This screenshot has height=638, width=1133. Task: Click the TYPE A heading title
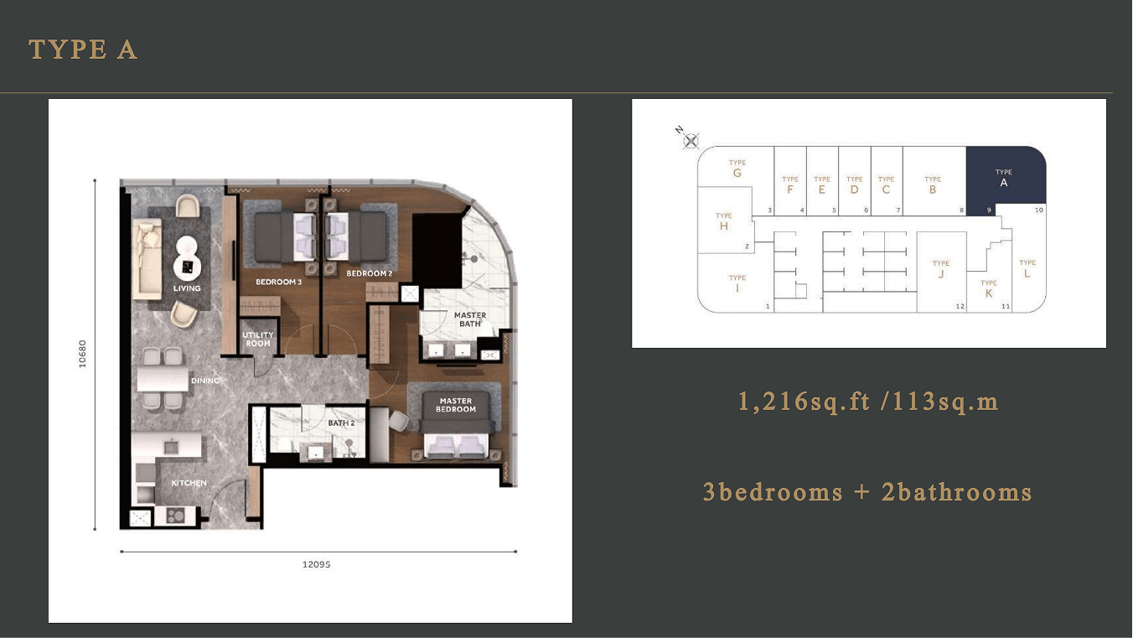[x=83, y=49]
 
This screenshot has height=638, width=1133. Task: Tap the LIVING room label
[x=187, y=288]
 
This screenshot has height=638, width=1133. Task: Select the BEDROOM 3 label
[x=278, y=282]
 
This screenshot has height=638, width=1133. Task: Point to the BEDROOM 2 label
[x=369, y=273]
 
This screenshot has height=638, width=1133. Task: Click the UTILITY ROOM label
[x=258, y=340]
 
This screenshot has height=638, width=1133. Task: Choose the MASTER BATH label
[x=469, y=319]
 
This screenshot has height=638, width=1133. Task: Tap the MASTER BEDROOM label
[x=455, y=405]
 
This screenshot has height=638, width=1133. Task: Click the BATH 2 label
[x=341, y=423]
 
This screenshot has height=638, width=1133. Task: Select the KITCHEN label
[x=189, y=483]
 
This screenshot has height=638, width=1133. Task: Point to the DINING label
[x=204, y=381]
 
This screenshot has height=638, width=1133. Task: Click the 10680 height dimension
[x=82, y=354]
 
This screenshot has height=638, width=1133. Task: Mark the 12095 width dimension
[x=317, y=564]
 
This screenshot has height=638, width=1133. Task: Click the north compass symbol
[x=690, y=141]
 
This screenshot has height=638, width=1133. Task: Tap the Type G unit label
[x=737, y=169]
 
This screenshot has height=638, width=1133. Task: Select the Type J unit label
[x=941, y=269]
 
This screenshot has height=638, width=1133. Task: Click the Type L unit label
[x=1027, y=269]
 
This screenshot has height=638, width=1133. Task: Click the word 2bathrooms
[x=956, y=492]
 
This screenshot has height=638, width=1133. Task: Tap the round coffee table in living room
[x=187, y=266]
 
